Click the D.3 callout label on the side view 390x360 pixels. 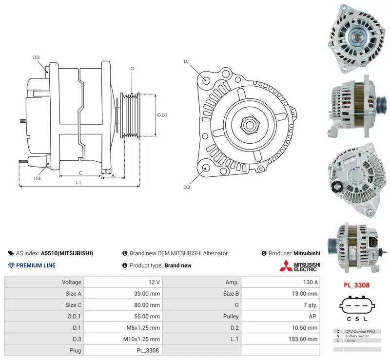[36, 57]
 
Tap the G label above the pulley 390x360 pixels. [132, 69]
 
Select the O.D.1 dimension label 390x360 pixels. [162, 115]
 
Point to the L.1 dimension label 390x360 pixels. [78, 183]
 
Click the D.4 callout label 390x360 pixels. [38, 178]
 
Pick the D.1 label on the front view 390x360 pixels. [187, 61]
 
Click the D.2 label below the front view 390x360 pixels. [187, 187]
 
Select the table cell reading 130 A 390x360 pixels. [310, 282]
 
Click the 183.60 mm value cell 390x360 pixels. [303, 339]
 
